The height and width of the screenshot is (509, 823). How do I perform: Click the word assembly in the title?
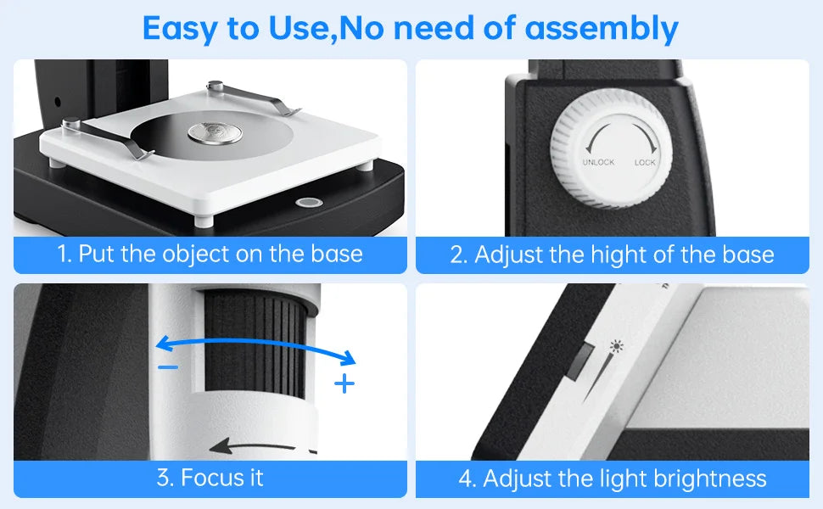(602, 28)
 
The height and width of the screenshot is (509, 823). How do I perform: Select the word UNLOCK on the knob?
(598, 162)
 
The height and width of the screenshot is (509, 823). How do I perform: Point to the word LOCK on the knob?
(647, 162)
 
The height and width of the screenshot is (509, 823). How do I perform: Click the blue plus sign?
(344, 383)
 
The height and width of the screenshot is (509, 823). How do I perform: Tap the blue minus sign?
(168, 366)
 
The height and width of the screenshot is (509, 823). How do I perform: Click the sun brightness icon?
(615, 347)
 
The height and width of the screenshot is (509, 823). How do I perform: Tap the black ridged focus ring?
(254, 339)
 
